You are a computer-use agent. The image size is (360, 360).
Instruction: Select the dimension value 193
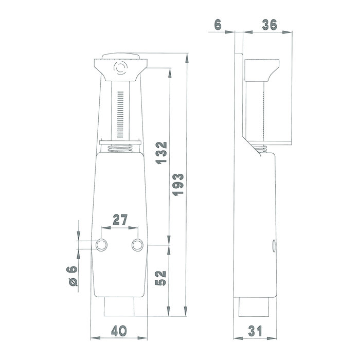[178, 186]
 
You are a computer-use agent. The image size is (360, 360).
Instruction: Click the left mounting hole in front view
[102, 245]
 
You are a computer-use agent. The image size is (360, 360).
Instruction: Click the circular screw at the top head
[121, 67]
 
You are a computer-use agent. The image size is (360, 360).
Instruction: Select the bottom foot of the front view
[119, 308]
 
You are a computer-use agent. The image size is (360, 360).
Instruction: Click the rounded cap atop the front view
[121, 57]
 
